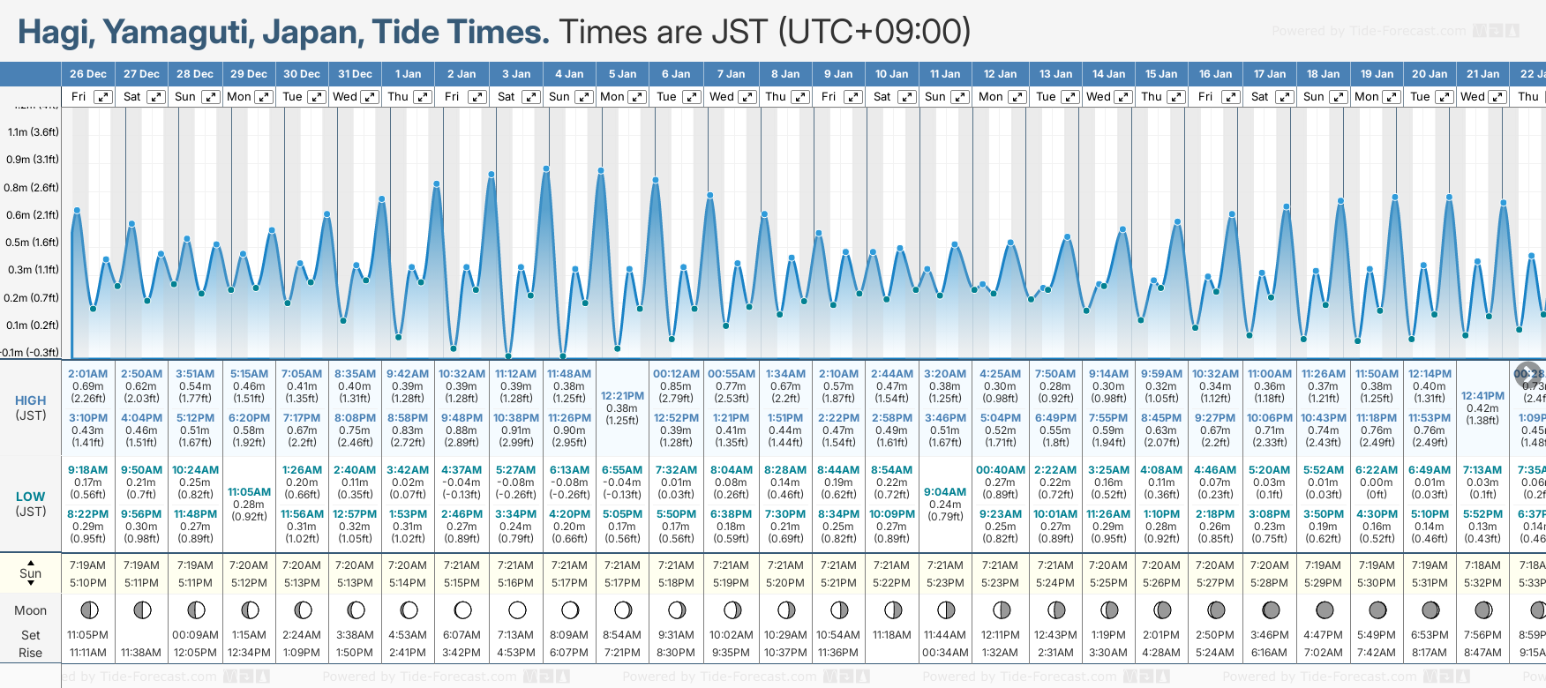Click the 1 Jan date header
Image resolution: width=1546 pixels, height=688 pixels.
tap(408, 74)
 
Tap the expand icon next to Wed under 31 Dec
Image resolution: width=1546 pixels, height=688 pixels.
tap(370, 97)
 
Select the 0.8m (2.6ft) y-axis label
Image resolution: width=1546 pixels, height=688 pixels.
tap(31, 187)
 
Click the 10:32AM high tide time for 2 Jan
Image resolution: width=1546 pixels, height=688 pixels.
tap(462, 374)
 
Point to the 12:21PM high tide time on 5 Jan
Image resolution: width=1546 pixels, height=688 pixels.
tap(622, 396)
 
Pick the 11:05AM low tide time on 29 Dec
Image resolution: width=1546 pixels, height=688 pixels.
tap(249, 492)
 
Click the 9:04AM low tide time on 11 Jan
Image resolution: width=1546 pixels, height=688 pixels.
tap(945, 492)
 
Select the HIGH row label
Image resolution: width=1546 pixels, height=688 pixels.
tap(31, 400)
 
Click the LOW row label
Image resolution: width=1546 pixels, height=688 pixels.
tap(31, 497)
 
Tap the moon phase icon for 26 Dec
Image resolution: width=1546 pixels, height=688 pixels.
tap(88, 609)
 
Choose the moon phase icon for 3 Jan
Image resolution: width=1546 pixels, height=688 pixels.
tap(517, 609)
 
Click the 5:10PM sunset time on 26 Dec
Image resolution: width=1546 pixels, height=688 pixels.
tap(88, 583)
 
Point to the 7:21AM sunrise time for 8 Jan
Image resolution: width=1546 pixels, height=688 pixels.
tap(785, 565)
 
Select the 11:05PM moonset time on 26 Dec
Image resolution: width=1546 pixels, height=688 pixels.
tap(88, 635)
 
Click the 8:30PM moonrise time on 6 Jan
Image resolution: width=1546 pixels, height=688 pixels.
tap(676, 653)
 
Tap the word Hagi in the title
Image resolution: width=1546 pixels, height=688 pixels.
tap(55, 33)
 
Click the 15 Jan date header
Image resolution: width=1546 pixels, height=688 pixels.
tap(1161, 74)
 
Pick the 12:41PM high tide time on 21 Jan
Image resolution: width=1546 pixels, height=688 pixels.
tap(1482, 396)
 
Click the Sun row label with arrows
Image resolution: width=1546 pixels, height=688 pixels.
tap(31, 573)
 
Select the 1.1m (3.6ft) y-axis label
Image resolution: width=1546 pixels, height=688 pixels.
tap(33, 132)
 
